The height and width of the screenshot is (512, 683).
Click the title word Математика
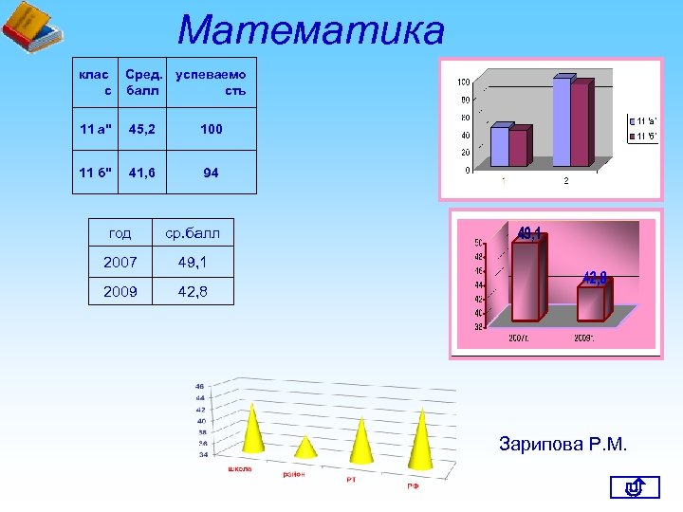[x=310, y=30]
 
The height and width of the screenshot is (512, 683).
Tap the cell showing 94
[x=211, y=173]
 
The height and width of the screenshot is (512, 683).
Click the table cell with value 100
[x=211, y=129]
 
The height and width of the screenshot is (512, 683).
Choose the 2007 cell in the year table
[x=120, y=261]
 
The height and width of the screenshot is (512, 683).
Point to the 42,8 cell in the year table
[x=193, y=292]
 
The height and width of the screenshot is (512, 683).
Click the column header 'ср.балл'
[x=193, y=232]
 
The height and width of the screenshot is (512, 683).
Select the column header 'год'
[x=120, y=232]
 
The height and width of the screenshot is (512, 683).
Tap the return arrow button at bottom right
[x=636, y=488]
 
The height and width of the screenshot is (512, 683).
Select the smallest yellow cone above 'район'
[x=305, y=447]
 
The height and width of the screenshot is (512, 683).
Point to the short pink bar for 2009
[x=591, y=303]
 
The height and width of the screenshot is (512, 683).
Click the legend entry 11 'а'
[x=644, y=121]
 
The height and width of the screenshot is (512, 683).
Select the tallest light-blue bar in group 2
[x=562, y=123]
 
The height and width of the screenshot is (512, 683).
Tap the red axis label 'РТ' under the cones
[x=350, y=480]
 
